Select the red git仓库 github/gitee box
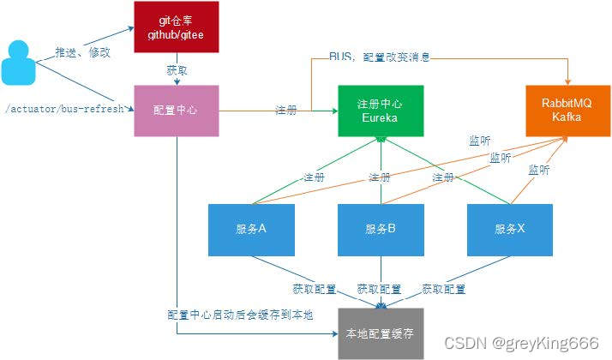coord(177,27)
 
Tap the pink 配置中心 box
coord(177,111)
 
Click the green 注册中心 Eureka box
coord(380,111)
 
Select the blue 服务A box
coord(252,230)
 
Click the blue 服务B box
coord(380,230)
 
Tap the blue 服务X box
coord(509,230)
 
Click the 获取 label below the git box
coord(177,69)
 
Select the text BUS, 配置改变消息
coord(379,57)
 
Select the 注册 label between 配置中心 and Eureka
coord(286,110)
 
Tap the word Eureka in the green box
coord(380,117)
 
